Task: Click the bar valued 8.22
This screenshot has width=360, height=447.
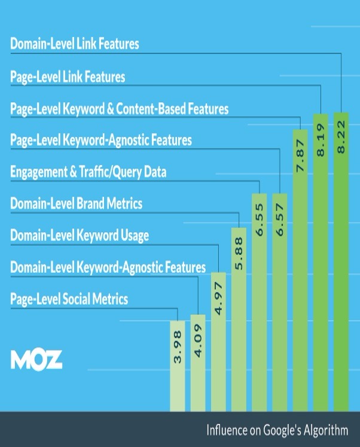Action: pos(341,263)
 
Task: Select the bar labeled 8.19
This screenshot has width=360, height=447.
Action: pos(321,263)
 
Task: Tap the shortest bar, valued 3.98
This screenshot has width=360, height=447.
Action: pos(178,362)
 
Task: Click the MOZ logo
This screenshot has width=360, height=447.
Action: pos(36,360)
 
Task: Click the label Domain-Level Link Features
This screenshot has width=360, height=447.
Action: pos(75,44)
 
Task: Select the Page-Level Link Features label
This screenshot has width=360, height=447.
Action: pos(68,77)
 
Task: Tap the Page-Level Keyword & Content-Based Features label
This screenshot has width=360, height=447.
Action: pos(120,109)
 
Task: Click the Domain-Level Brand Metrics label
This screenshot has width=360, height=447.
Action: pos(77,203)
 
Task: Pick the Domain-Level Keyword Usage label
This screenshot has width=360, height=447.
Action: pos(80,235)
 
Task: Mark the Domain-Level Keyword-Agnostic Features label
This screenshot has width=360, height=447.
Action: pos(108,267)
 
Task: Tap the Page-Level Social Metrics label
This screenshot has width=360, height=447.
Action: pos(69,299)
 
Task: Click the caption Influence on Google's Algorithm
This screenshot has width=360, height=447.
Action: pos(277,430)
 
